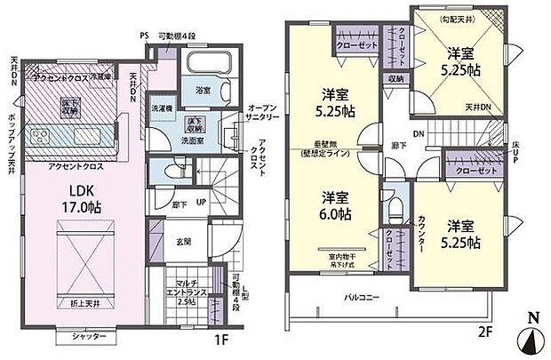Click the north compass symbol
coord(533,338)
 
